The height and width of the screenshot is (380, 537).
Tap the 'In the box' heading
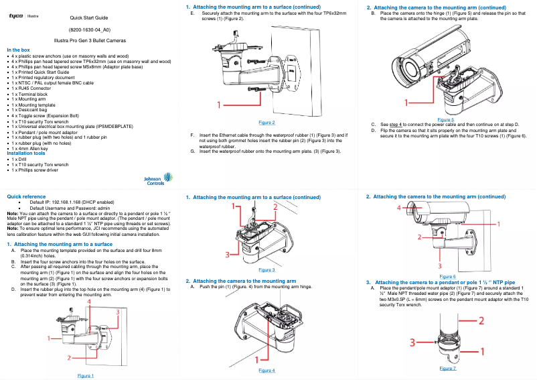pos(18,50)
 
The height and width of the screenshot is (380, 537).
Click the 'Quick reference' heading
pos(26,196)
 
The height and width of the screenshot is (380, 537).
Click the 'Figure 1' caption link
pos(85,375)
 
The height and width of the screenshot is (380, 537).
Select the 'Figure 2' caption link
pos(266,123)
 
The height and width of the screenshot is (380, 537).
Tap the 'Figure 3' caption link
pos(266,269)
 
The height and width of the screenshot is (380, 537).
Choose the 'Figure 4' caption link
pos(266,370)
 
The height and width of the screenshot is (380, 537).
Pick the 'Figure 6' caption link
pos(448,276)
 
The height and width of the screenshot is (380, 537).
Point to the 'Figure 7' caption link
pos(448,368)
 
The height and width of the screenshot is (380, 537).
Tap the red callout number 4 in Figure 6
pos(400,208)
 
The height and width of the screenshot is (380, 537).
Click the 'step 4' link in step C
pos(396,124)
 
